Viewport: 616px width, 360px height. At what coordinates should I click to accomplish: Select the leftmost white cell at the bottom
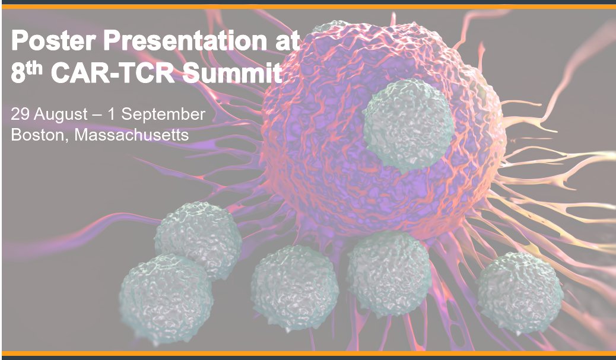coord(166,290)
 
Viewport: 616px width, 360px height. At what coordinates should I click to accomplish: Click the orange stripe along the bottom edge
coord(308,353)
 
